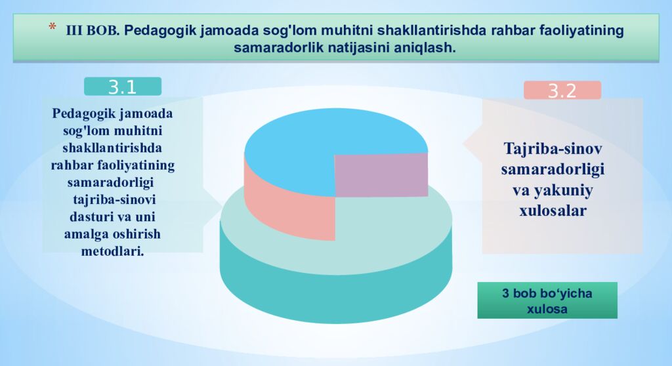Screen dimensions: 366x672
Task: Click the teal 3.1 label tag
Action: click(122, 87)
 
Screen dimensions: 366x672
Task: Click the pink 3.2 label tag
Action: click(562, 91)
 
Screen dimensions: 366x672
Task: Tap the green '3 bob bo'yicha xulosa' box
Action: click(547, 300)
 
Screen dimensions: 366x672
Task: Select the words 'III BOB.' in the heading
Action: click(93, 31)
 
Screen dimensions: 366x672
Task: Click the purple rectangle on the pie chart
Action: click(381, 175)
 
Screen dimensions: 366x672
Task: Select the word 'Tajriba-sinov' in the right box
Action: click(553, 148)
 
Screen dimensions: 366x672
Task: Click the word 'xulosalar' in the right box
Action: click(553, 211)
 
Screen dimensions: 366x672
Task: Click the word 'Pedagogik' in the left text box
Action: click(81, 113)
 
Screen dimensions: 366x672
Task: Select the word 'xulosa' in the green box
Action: click(547, 308)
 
